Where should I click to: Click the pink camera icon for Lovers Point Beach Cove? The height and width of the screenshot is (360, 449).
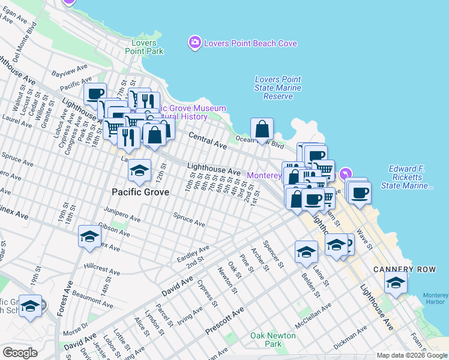click(195, 43)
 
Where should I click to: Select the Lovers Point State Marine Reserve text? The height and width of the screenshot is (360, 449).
click(278, 88)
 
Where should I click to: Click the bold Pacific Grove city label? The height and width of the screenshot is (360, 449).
click(140, 192)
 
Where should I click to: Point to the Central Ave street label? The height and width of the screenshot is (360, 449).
click(208, 141)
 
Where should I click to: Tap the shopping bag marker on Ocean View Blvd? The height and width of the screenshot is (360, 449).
click(262, 129)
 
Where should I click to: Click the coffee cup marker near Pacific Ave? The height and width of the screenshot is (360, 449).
click(95, 94)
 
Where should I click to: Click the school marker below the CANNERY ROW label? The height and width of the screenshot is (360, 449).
click(396, 283)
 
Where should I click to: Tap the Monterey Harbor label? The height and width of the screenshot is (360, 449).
click(435, 299)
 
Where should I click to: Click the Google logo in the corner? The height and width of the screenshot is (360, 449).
click(20, 353)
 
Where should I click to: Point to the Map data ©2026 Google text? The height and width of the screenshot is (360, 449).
click(411, 355)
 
